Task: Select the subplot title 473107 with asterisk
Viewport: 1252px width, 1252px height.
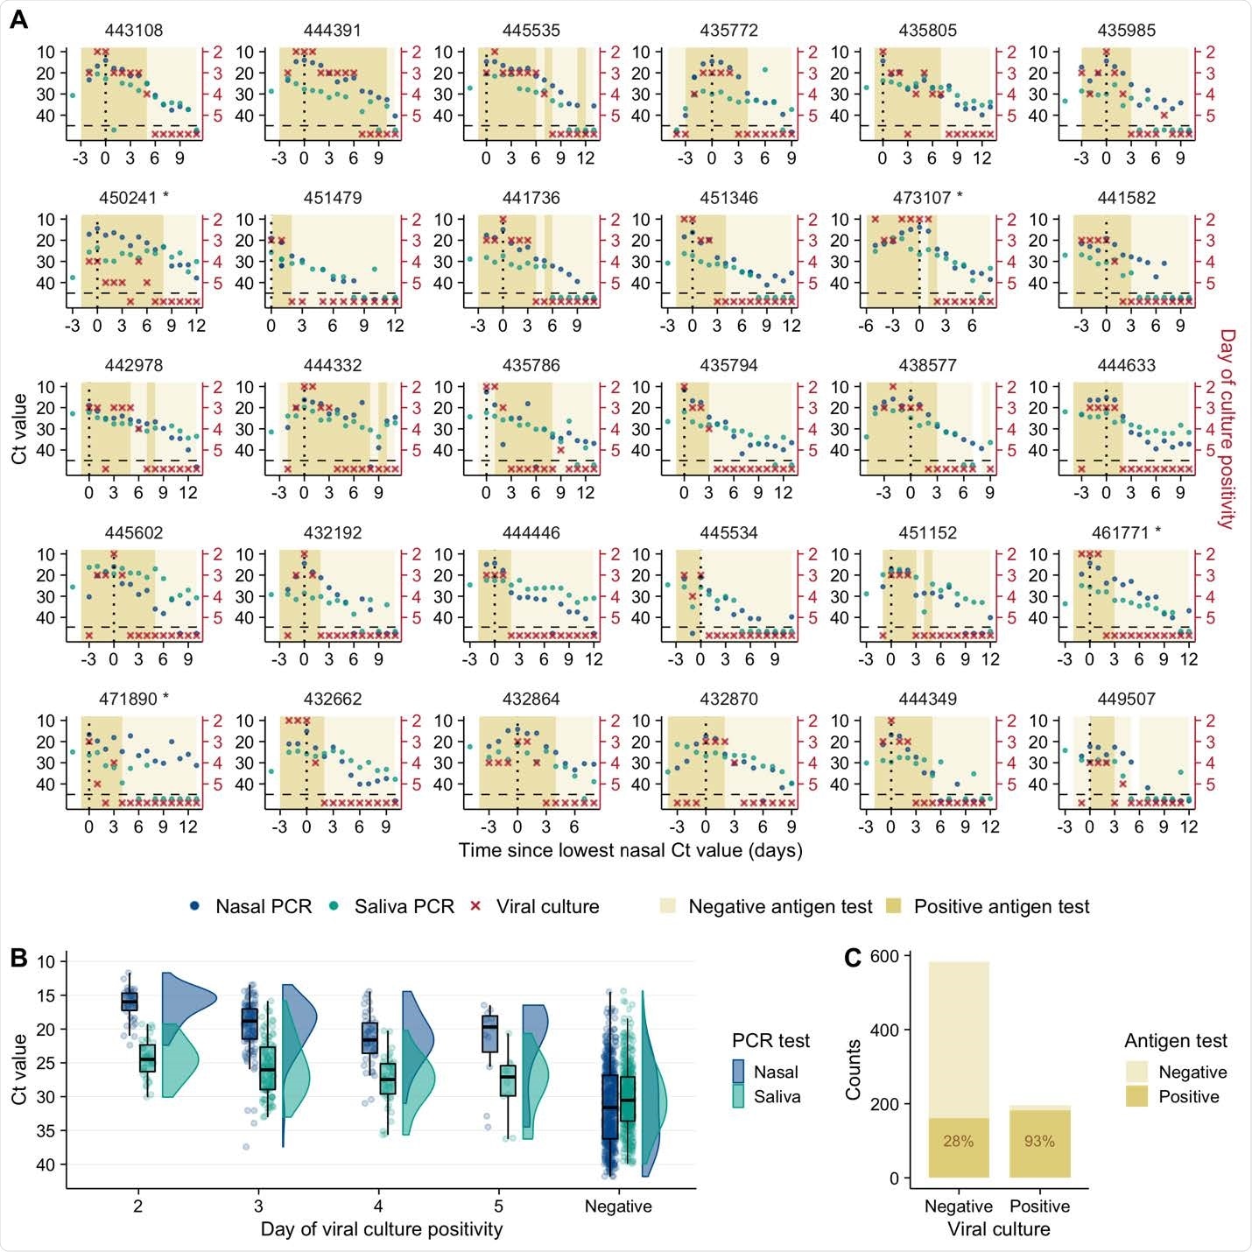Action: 927,198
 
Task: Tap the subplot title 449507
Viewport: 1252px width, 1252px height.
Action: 1126,700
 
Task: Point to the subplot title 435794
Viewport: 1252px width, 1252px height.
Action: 728,365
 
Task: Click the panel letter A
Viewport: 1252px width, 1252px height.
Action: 18,19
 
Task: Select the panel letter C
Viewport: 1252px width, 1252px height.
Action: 853,958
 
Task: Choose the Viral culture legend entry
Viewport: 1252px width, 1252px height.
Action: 535,907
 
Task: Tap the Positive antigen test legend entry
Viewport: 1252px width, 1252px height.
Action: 989,907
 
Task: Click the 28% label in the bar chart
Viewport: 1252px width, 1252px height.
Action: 958,1141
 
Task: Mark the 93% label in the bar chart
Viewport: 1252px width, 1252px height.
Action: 1039,1141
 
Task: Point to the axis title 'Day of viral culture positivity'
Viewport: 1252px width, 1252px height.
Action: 382,1229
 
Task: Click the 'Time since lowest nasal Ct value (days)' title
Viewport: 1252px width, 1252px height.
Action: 630,850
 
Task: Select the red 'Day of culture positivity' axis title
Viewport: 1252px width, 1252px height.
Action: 1227,429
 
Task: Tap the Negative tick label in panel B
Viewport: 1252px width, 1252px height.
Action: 618,1206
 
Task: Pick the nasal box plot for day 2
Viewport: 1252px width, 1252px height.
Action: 129,1000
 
